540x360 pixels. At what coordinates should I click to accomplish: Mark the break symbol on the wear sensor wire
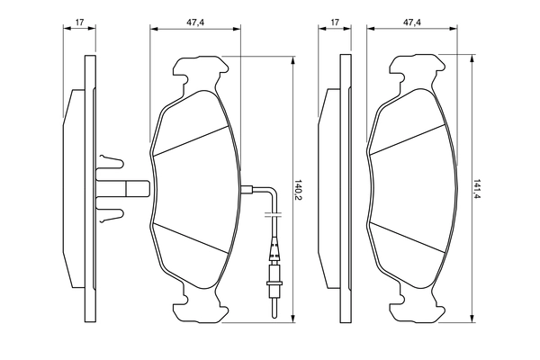click(x=274, y=216)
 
